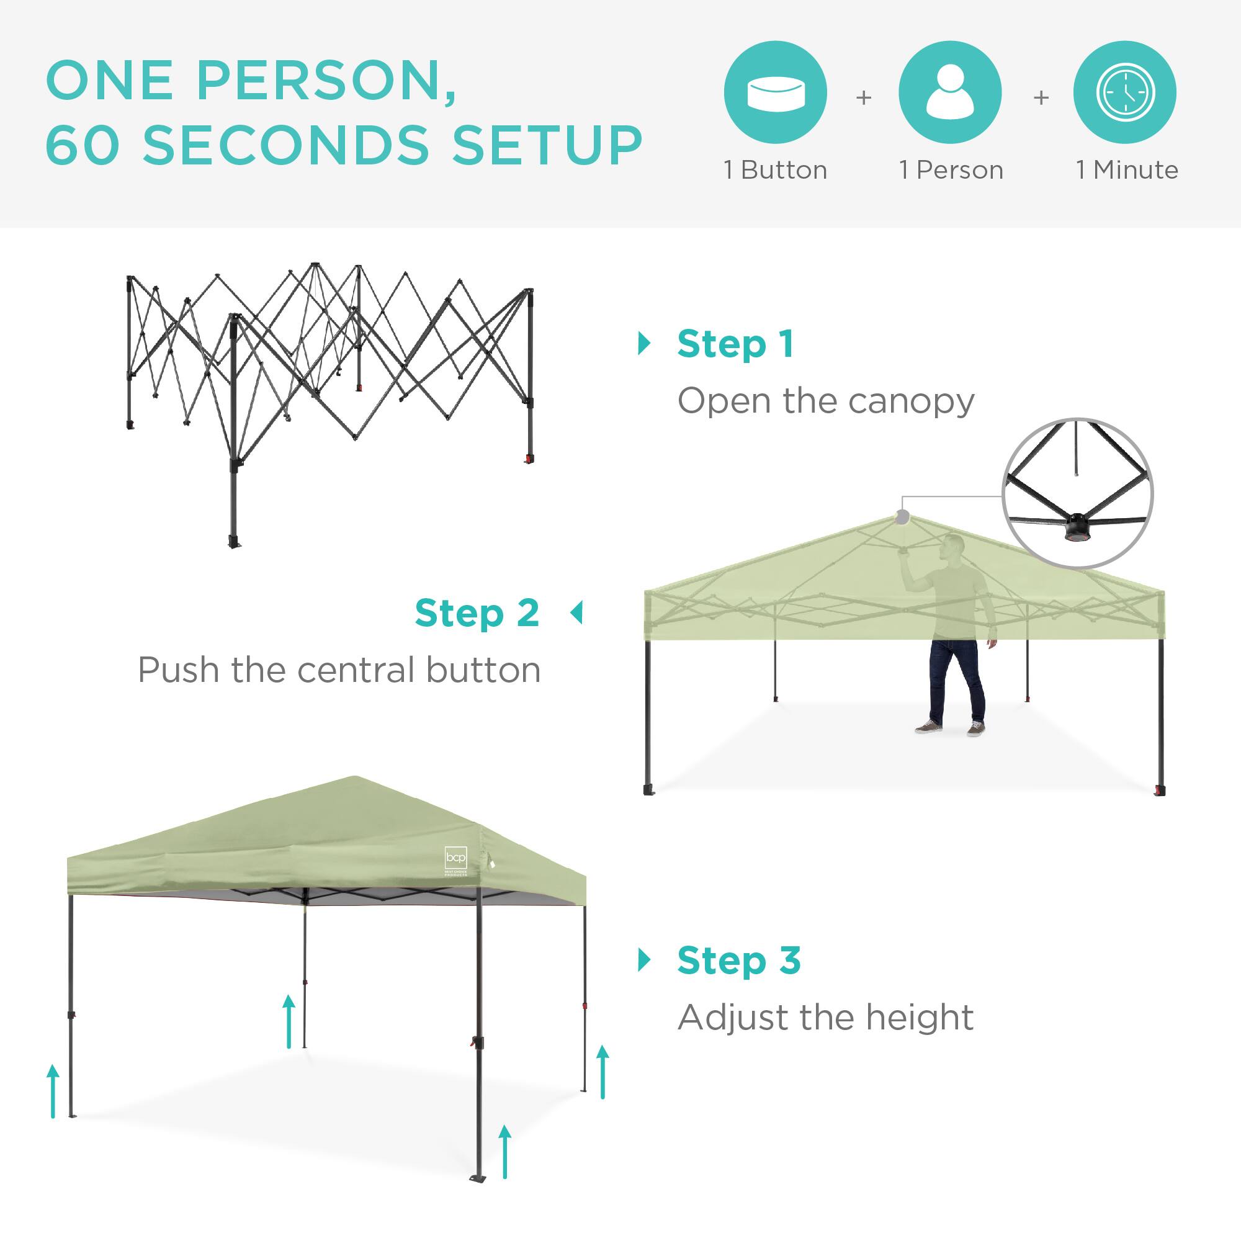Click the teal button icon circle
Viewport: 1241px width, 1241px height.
tap(774, 92)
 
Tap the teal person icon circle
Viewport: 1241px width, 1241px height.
tap(950, 92)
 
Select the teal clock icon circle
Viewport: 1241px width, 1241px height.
tap(1125, 92)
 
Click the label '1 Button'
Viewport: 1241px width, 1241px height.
tap(775, 170)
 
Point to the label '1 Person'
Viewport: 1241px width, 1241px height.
tap(951, 170)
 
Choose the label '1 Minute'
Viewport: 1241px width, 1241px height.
tap(1127, 170)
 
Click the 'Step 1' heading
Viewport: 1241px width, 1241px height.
tap(735, 344)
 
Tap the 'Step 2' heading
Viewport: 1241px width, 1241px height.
tap(477, 614)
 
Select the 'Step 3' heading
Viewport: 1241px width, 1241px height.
tap(738, 961)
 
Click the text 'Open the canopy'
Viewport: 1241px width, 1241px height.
tap(825, 401)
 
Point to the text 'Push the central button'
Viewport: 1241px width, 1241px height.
tap(339, 671)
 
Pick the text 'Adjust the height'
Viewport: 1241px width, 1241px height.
tap(825, 1018)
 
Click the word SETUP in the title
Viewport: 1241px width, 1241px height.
tap(547, 145)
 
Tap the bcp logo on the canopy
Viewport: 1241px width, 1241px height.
tap(456, 859)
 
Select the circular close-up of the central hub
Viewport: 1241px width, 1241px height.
tap(1078, 493)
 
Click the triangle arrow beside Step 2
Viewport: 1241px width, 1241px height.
tap(576, 613)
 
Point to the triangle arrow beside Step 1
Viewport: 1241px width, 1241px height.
tap(643, 344)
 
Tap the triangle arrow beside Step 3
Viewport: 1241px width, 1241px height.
tap(643, 961)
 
